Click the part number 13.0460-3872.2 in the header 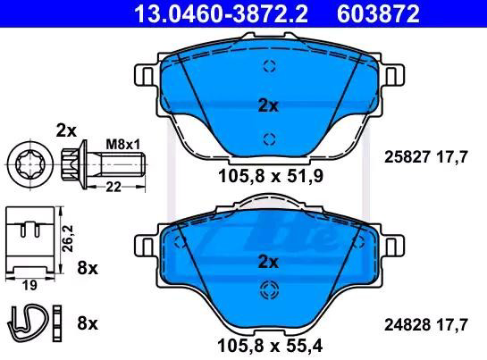pyautogui.click(x=221, y=14)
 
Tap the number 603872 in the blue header pyautogui.click(x=378, y=14)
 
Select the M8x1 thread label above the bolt pyautogui.click(x=123, y=145)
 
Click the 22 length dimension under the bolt pyautogui.click(x=113, y=187)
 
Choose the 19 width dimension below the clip pyautogui.click(x=29, y=285)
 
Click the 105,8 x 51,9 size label pyautogui.click(x=271, y=176)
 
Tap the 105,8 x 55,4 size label pyautogui.click(x=270, y=346)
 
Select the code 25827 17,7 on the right pyautogui.click(x=426, y=157)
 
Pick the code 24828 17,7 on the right pyautogui.click(x=426, y=325)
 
